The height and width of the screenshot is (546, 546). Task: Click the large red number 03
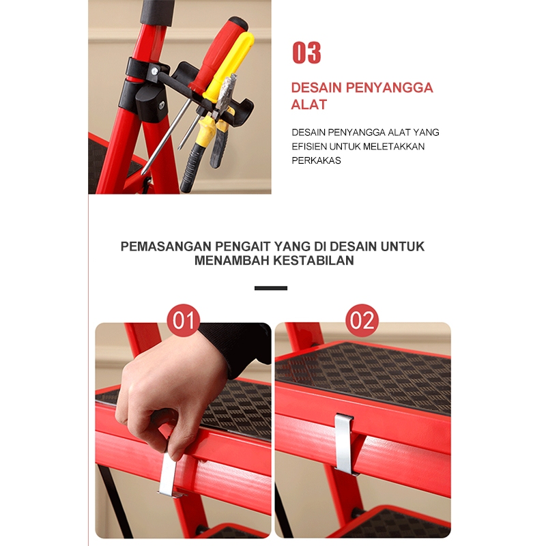[306, 53]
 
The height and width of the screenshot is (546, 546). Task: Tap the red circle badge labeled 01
[184, 320]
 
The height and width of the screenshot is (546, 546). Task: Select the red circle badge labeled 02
[362, 320]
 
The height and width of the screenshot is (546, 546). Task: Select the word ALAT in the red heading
[309, 104]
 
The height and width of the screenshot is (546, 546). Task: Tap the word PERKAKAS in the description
[316, 160]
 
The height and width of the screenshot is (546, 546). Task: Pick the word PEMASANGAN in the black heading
[166, 246]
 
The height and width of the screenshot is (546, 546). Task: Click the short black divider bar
[271, 288]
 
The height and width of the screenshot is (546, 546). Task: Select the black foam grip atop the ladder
[158, 12]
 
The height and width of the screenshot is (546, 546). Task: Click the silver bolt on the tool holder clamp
[155, 71]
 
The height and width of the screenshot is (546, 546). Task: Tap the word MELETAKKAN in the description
[394, 147]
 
